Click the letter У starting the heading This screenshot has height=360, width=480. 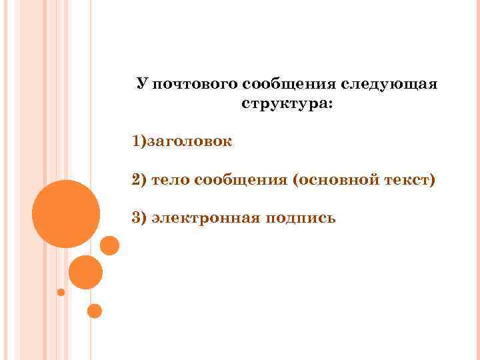[x=141, y=85]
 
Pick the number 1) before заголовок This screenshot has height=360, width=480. [x=139, y=142]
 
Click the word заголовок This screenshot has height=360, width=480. [x=189, y=142]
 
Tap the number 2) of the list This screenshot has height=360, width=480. [x=139, y=179]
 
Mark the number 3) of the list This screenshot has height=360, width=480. [x=139, y=217]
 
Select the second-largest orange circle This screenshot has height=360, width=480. [x=85, y=272]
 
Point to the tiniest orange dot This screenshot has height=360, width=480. [x=61, y=292]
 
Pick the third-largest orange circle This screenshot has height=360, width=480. [x=109, y=246]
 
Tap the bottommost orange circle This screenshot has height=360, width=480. [x=95, y=311]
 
